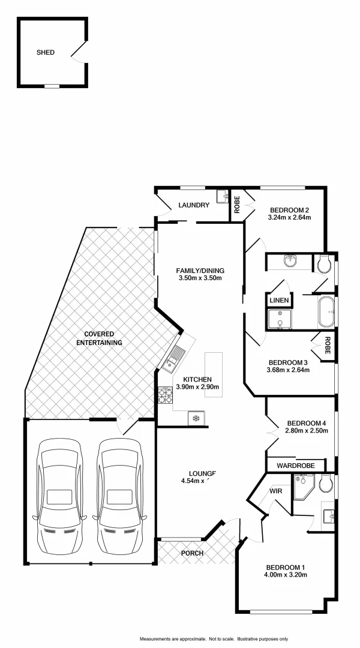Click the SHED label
[46, 52]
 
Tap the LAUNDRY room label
[193, 205]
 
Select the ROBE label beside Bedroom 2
[237, 205]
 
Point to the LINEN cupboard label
[280, 300]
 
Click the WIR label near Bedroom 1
[276, 490]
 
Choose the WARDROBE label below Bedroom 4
[296, 465]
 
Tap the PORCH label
[193, 553]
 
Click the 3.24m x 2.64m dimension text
[289, 217]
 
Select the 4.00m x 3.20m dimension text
[286, 575]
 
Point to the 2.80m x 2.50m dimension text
[298, 430]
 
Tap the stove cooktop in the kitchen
[165, 395]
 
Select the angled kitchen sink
[175, 358]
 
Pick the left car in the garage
[59, 498]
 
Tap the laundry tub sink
[223, 196]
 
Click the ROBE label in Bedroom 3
[328, 346]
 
